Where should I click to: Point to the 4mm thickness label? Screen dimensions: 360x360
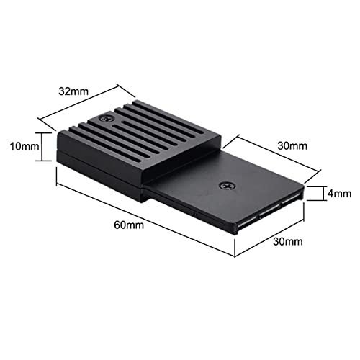338,193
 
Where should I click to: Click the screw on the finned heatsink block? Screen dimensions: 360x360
107,117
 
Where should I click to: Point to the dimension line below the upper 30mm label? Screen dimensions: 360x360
277,153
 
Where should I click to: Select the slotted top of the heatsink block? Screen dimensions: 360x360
137,133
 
